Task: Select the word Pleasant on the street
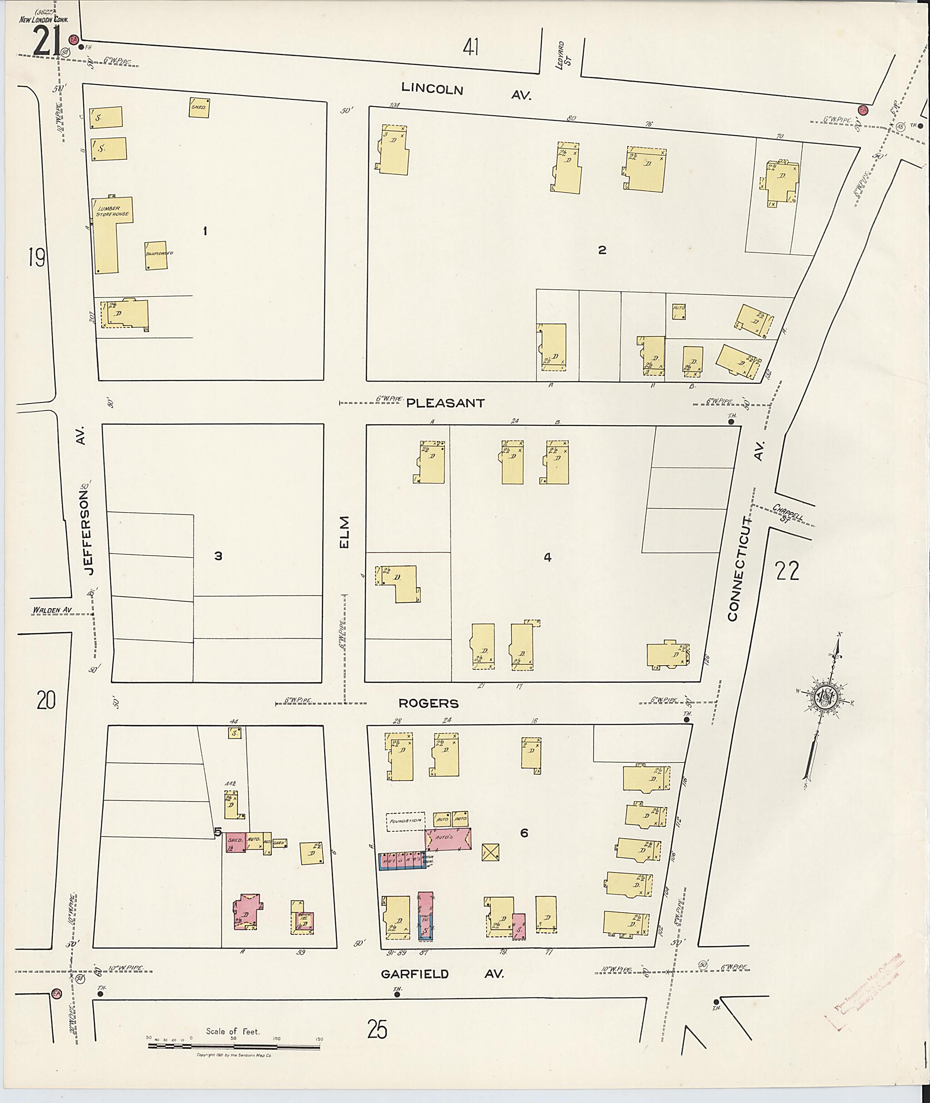(446, 403)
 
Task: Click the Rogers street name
(429, 703)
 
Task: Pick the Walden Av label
(52, 611)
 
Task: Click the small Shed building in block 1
(199, 107)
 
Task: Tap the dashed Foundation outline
(405, 821)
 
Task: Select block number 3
(218, 556)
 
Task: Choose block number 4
(548, 557)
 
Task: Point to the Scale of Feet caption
(233, 1031)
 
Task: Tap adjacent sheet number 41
(471, 49)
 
